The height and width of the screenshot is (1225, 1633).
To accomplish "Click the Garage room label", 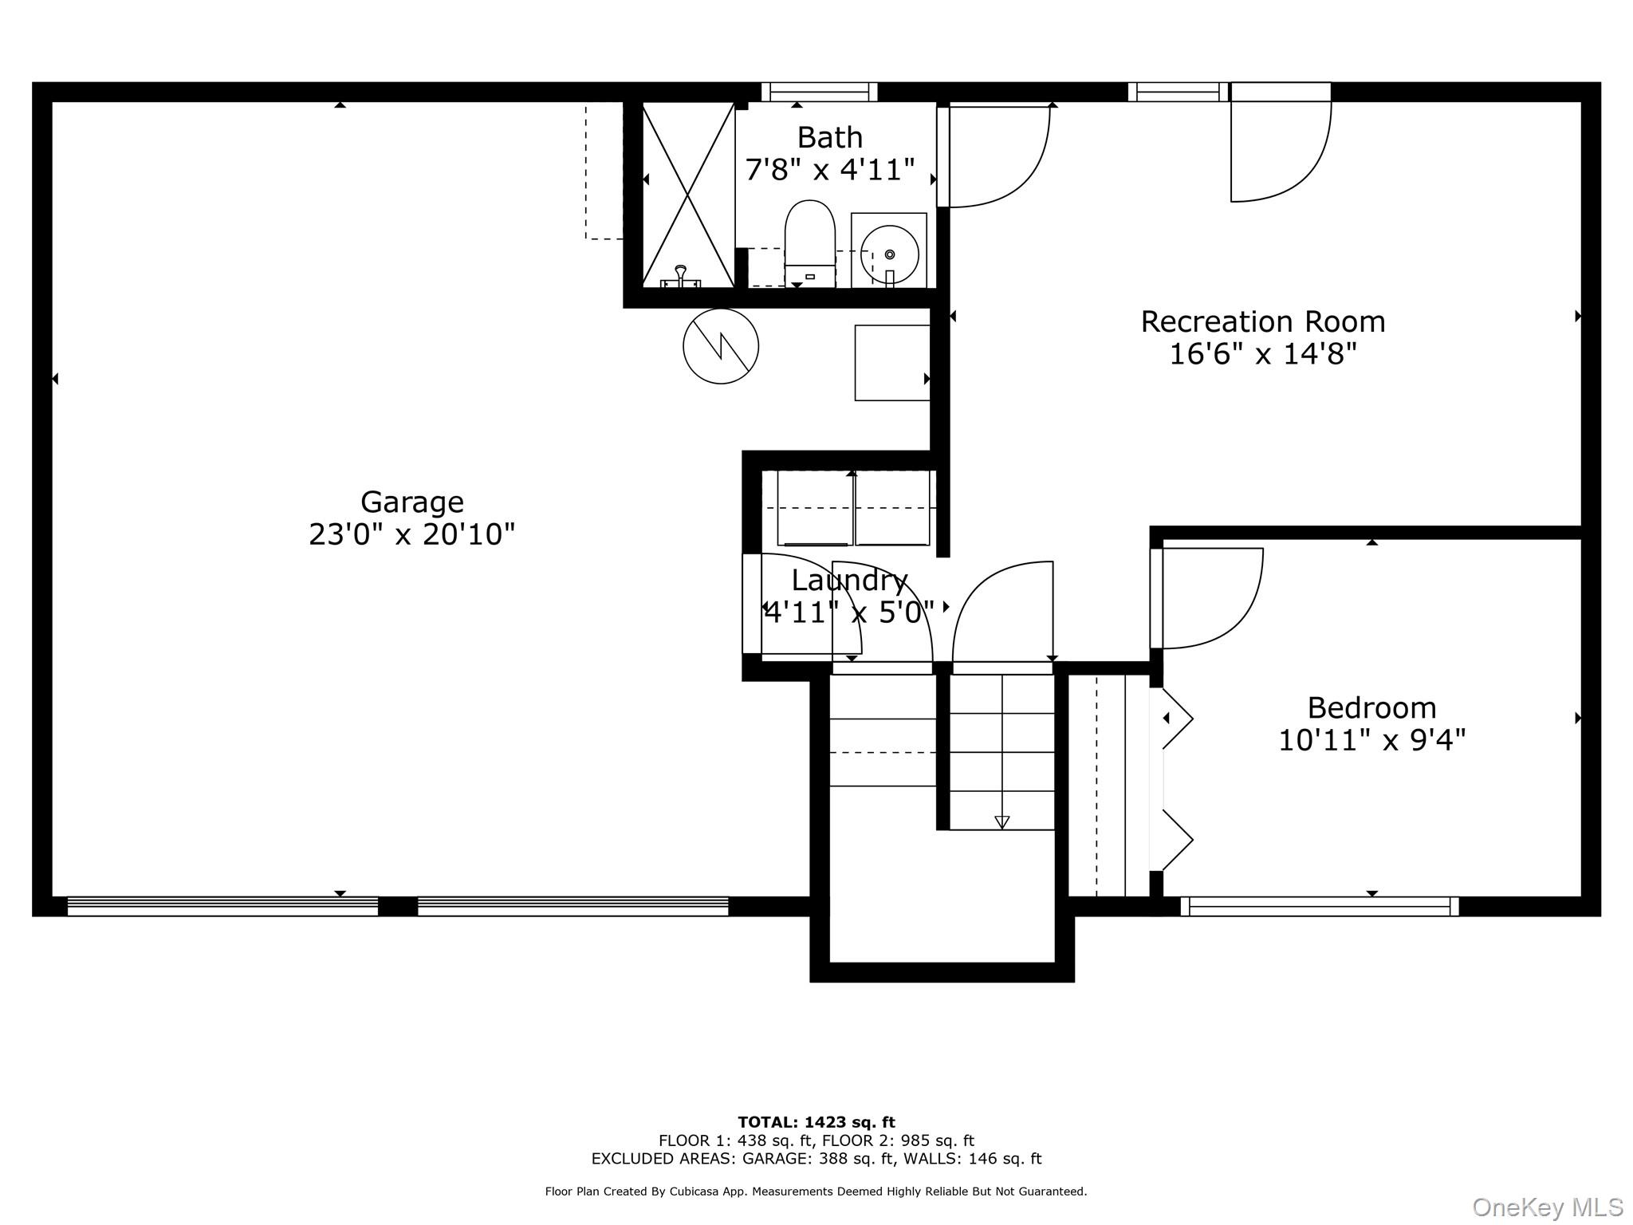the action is click(411, 502).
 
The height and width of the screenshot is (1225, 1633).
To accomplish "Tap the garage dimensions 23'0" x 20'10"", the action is click(411, 534).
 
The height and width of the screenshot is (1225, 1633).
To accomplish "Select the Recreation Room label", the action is click(1263, 322).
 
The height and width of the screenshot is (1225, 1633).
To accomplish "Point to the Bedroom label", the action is click(1371, 708).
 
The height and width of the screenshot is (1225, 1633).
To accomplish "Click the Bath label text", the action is click(829, 138).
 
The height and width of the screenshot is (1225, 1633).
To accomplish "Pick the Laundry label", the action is click(849, 581).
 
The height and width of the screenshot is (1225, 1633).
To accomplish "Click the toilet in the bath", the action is click(809, 243).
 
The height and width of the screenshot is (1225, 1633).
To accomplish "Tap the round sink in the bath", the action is click(889, 254).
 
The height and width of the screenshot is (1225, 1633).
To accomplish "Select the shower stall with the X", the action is click(688, 195).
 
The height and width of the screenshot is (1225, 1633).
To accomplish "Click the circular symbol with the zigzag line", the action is click(721, 346).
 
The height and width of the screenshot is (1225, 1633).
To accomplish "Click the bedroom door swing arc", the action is click(1240, 619).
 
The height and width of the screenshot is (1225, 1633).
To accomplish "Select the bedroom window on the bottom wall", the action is click(1319, 906).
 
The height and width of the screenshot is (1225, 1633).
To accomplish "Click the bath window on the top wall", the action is click(819, 93).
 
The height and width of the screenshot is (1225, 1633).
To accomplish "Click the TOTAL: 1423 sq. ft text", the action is click(816, 1122).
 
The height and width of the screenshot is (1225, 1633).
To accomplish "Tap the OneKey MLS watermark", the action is click(1548, 1207).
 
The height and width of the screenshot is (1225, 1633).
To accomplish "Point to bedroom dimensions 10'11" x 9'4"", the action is click(1371, 741).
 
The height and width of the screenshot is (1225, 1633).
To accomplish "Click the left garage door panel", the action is click(222, 906).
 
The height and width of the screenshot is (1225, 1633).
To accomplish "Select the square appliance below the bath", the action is click(892, 363).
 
